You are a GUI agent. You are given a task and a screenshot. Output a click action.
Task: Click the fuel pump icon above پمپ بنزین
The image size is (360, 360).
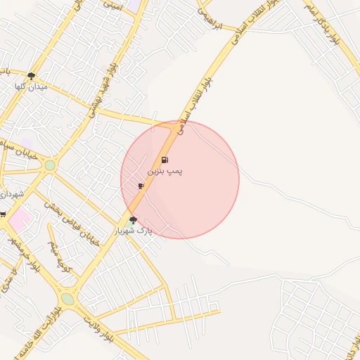165,160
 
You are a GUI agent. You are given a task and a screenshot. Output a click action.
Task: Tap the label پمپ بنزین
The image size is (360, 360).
165,172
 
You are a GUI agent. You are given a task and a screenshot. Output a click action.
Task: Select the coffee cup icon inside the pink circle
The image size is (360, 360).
141,186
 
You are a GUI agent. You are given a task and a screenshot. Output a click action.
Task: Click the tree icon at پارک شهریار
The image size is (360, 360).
133,220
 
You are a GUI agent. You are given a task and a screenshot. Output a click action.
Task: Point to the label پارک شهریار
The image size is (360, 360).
141,231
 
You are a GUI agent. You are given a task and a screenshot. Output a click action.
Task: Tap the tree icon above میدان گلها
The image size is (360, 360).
31,75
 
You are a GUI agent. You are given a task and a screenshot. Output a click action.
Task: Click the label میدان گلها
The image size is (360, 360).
30,86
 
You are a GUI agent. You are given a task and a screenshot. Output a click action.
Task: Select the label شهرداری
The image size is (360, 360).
11,193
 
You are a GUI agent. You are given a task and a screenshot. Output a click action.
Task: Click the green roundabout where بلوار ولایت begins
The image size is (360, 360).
67,299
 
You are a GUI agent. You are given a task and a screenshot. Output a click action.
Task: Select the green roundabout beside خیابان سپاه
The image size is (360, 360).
50,166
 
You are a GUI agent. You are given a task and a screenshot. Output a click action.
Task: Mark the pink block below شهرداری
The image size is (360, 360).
19,217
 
